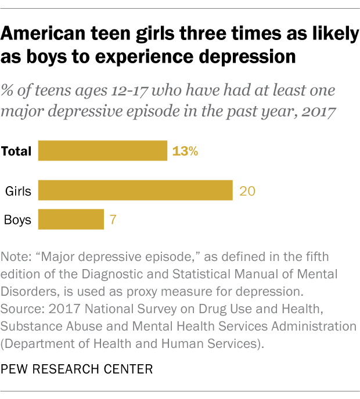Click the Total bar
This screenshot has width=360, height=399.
click(102, 151)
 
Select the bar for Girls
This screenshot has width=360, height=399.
click(135, 190)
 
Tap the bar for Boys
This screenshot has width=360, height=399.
click(71, 220)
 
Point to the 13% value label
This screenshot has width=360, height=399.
click(185, 151)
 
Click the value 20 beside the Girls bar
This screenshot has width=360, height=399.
click(247, 191)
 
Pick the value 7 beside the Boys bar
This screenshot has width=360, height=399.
click(114, 220)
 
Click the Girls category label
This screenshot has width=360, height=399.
click(18, 191)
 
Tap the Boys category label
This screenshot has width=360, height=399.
click(18, 220)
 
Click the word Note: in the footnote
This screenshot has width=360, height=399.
click(17, 256)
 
